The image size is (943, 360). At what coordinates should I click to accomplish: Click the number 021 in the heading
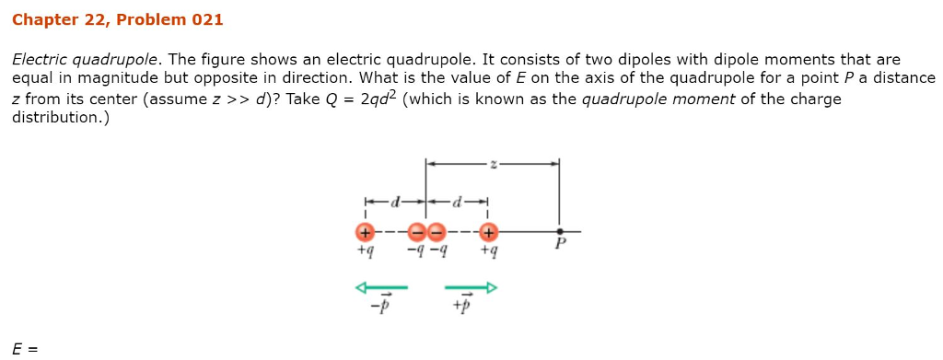(205, 19)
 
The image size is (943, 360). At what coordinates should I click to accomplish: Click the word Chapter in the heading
(44, 19)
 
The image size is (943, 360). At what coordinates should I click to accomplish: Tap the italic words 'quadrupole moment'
(658, 99)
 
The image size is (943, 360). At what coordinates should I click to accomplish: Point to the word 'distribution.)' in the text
(60, 118)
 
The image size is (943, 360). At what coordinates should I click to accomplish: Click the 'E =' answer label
(25, 349)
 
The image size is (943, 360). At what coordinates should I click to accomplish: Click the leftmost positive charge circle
(366, 232)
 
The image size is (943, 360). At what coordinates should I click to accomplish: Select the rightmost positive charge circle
(488, 232)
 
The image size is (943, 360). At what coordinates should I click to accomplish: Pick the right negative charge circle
(436, 232)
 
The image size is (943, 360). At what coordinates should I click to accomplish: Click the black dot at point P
(559, 232)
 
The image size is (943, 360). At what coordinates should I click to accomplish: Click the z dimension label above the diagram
(493, 164)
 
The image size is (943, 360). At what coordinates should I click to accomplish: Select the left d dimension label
(396, 200)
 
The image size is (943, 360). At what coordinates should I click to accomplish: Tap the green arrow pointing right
(471, 288)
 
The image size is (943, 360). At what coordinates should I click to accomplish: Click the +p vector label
(462, 306)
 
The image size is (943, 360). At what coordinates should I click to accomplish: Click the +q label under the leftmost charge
(366, 250)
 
